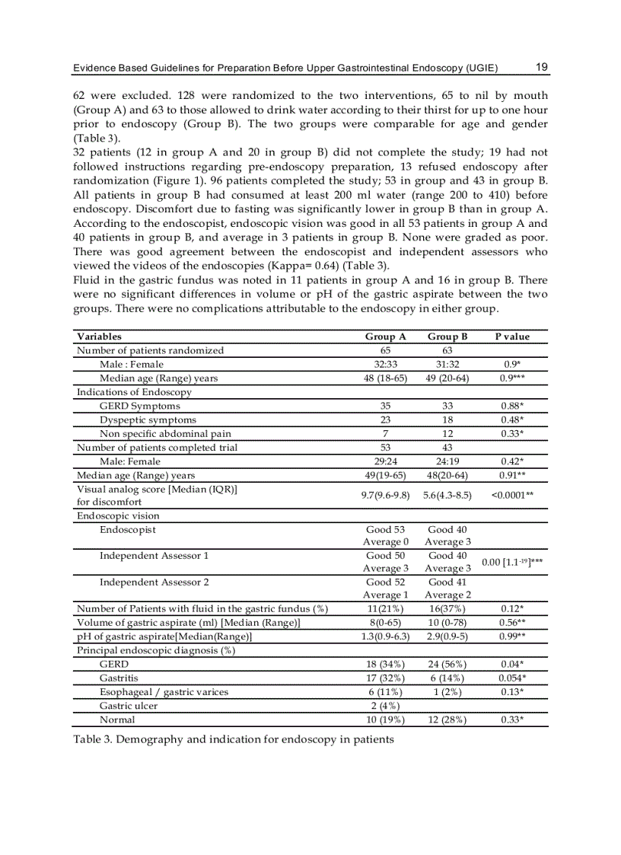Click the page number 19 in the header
[541, 67]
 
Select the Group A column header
[385, 337]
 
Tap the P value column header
[512, 337]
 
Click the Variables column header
[99, 337]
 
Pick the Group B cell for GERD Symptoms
[447, 406]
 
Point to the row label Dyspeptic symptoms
[148, 420]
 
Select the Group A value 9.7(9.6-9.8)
[385, 495]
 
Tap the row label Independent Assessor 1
[154, 556]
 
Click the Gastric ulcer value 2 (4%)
[385, 706]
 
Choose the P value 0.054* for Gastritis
[512, 678]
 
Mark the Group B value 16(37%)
[447, 608]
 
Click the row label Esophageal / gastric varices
[164, 692]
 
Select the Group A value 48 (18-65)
[385, 378]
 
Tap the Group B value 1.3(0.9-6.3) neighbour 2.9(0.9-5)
[447, 636]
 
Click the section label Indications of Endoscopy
[134, 392]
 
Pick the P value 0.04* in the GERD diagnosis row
[512, 664]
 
